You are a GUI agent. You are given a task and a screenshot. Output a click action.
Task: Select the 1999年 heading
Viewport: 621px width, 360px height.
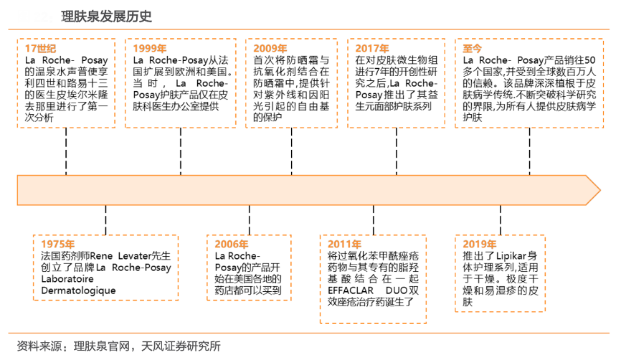150,48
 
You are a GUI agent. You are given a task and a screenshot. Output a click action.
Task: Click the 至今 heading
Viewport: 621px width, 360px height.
473,48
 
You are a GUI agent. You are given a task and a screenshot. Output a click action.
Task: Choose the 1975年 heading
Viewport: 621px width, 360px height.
58,244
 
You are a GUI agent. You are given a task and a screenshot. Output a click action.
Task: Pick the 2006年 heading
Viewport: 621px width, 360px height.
232,244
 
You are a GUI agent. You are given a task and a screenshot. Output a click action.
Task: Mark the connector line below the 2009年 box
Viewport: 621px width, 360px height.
290,151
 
